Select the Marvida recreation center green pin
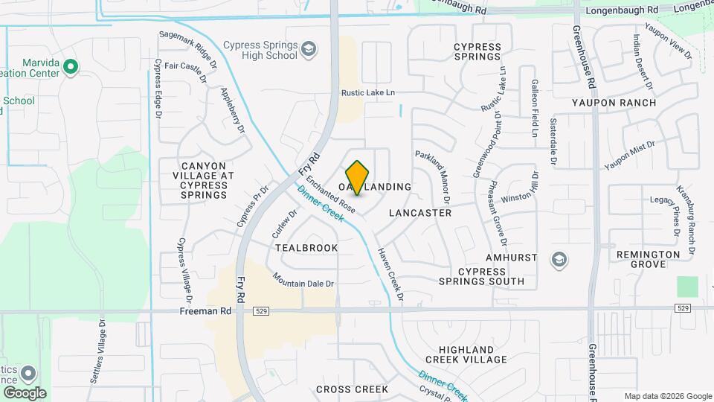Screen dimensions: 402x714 pos(71,68)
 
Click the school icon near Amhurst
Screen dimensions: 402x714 pos(559,260)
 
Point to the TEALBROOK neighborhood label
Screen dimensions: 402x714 pos(306,248)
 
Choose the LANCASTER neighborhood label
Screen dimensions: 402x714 pos(420,213)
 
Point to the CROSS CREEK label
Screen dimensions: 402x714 pos(352,389)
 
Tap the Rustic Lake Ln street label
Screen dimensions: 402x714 pos(367,93)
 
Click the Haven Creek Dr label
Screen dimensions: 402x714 pos(390,275)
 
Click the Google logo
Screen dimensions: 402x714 pos(24,393)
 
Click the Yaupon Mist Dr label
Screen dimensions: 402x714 pos(629,155)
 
